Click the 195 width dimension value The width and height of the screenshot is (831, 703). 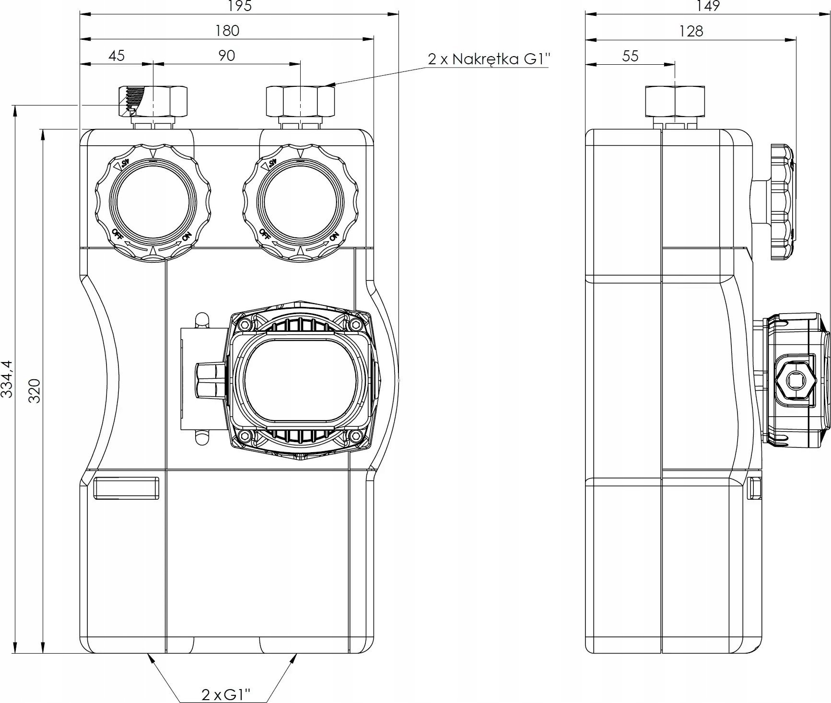(240, 6)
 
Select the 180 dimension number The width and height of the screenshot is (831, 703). (227, 31)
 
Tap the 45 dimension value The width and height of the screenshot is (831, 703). (117, 56)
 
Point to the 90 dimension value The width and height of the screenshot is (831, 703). (227, 56)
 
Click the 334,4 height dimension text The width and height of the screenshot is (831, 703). (7, 379)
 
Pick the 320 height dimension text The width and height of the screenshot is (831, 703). (34, 390)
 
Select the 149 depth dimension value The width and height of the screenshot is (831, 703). (708, 6)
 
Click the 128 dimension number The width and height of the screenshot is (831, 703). (691, 31)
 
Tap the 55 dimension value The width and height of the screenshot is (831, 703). (630, 56)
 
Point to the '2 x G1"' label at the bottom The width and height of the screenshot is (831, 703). (226, 694)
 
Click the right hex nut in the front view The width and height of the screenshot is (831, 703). (300, 101)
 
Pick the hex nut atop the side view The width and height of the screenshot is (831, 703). (674, 101)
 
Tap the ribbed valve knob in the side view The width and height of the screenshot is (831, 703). (781, 202)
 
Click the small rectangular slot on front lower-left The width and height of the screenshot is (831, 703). (126, 488)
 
